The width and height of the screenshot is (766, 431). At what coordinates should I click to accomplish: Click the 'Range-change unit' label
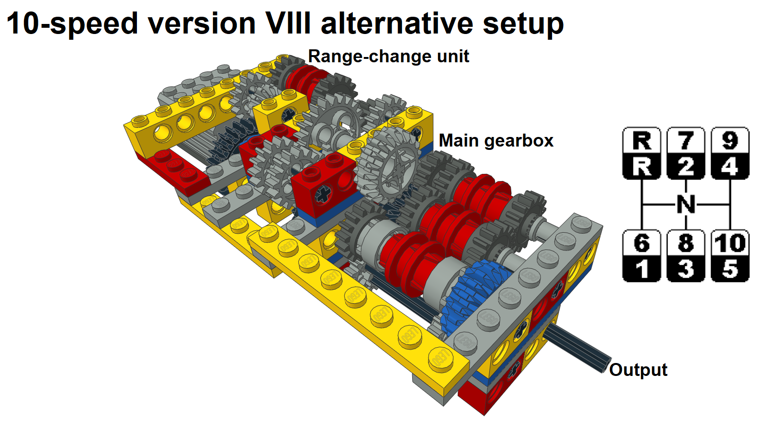click(x=388, y=57)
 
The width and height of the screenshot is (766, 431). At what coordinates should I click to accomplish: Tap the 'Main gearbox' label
click(x=496, y=141)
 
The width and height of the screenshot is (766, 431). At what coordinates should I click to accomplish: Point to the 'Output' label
click(x=638, y=370)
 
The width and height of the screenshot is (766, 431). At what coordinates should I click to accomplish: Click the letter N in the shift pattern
click(x=686, y=204)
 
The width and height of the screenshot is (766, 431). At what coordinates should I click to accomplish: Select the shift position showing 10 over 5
click(x=730, y=256)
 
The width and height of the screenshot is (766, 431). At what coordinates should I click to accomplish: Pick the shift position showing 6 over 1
click(x=642, y=256)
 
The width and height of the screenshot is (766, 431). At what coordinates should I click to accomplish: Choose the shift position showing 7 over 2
click(x=686, y=153)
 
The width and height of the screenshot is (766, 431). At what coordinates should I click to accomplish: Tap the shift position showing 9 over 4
click(x=730, y=153)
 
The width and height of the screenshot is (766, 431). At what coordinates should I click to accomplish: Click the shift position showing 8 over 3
click(x=686, y=256)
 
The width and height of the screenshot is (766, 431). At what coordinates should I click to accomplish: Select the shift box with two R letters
click(x=642, y=153)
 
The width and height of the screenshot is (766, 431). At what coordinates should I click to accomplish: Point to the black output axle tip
click(x=605, y=365)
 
